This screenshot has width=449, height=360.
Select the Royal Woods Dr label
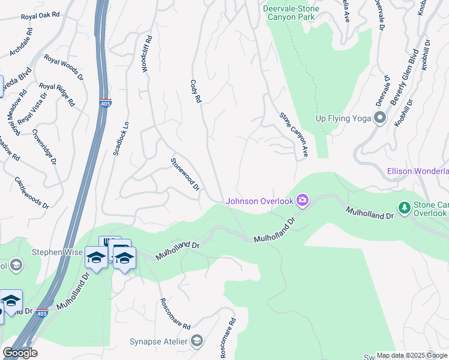click(x=64, y=67)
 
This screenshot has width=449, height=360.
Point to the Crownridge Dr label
click(x=44, y=146)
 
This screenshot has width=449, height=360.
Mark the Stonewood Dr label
click(x=185, y=175)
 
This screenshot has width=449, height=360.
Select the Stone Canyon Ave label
click(x=294, y=135)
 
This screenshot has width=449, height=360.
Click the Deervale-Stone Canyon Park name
click(x=289, y=13)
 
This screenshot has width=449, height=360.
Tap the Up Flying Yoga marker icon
click(x=379, y=118)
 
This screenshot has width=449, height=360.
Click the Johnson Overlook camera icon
click(x=303, y=200)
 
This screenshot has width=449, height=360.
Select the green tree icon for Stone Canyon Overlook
click(x=405, y=208)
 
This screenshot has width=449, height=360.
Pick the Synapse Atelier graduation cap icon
click(x=196, y=342)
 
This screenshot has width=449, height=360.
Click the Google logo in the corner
click(x=20, y=353)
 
